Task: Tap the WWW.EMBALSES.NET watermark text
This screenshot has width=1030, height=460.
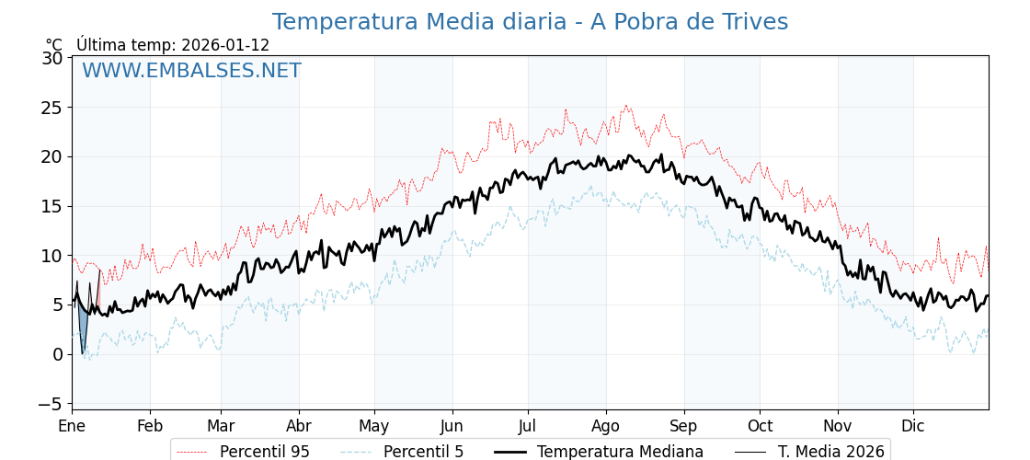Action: coord(191,71)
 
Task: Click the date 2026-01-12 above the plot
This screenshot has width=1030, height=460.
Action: coord(225,45)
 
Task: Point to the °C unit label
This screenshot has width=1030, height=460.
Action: coord(54,45)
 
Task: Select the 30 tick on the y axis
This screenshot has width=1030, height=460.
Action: coord(53,58)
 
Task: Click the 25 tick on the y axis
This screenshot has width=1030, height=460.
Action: coord(53,108)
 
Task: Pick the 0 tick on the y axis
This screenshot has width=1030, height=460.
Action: coord(58,354)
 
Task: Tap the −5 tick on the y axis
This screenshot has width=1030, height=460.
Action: coord(53,404)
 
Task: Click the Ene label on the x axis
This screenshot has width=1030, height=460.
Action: coord(72,427)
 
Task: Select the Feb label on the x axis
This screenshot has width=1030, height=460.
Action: coord(150,427)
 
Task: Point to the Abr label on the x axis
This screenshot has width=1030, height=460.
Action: coord(299,427)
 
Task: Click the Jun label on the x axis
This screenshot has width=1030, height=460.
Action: coord(452,427)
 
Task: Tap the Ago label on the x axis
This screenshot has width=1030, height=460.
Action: coord(606,427)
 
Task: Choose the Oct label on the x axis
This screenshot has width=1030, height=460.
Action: coord(760,427)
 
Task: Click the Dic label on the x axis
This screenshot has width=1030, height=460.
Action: coord(913,427)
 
